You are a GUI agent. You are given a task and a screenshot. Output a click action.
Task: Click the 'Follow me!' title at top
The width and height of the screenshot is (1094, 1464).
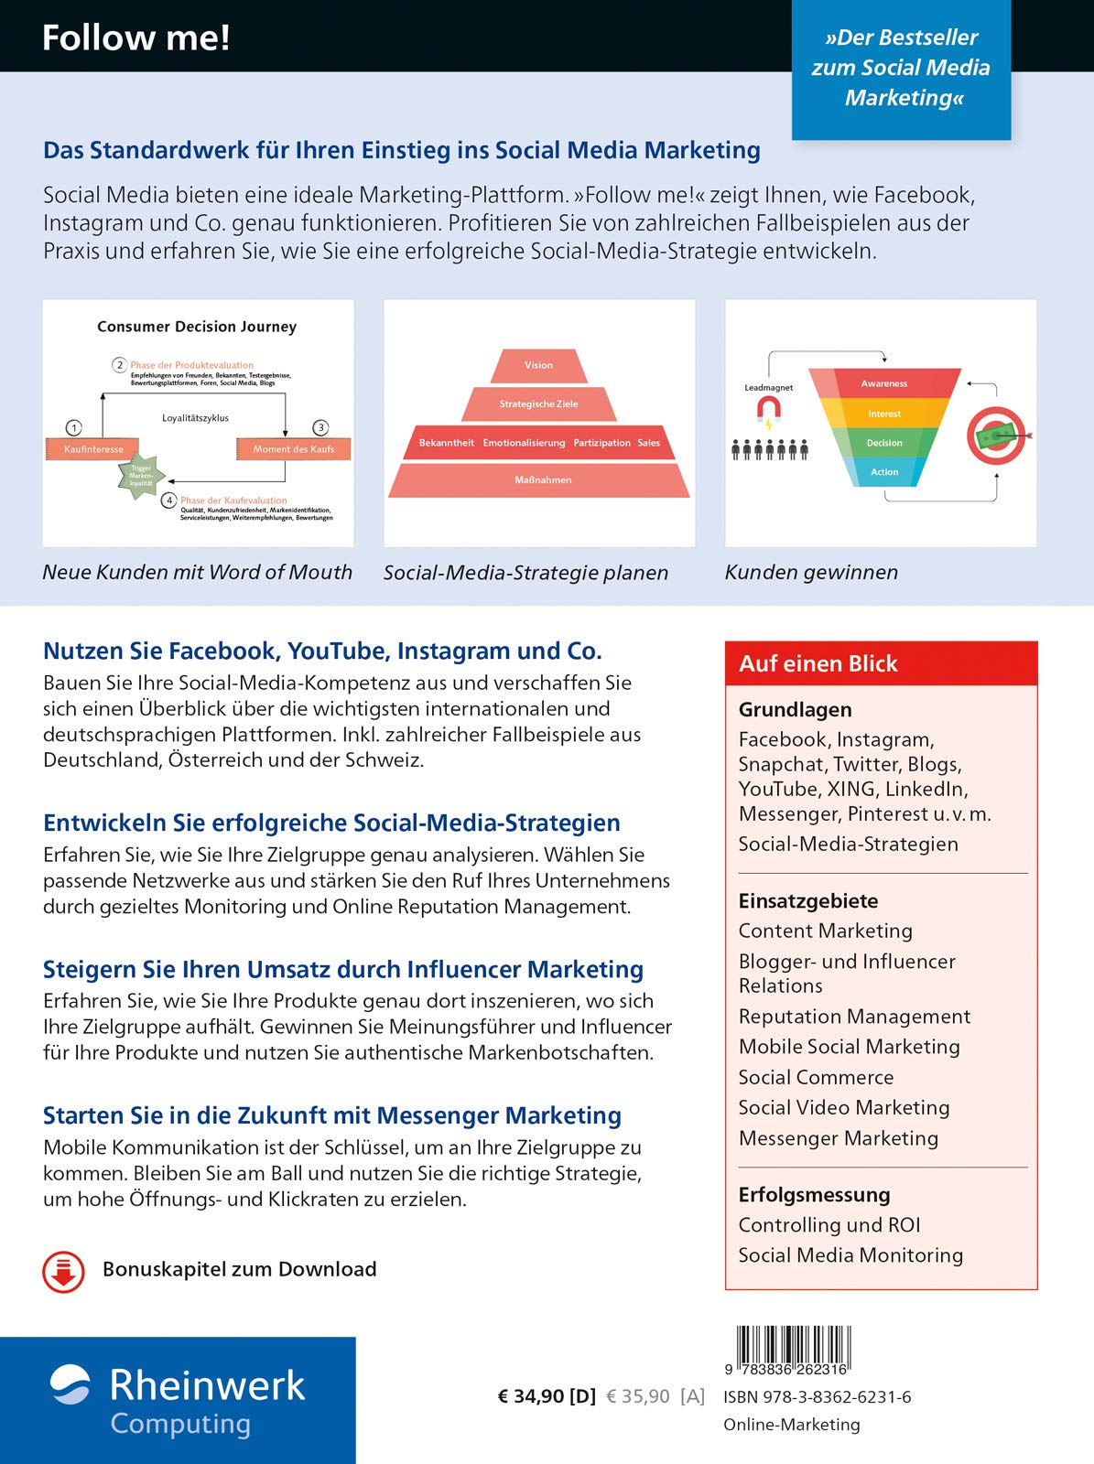click(135, 38)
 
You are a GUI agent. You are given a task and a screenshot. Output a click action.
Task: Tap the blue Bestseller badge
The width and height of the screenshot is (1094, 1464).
click(901, 69)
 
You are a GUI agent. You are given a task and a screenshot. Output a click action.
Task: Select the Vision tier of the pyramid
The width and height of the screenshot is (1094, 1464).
click(538, 365)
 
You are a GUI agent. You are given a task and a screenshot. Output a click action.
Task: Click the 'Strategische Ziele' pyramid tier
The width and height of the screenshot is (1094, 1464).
click(538, 404)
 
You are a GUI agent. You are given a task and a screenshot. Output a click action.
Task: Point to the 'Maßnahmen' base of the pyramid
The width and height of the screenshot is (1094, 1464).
click(542, 480)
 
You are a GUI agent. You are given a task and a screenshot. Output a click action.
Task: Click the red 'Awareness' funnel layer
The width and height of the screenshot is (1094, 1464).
click(883, 383)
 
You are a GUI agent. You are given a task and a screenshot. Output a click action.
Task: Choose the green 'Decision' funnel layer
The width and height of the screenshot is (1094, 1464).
click(883, 443)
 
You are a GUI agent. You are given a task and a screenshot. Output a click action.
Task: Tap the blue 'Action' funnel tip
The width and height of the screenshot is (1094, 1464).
click(883, 472)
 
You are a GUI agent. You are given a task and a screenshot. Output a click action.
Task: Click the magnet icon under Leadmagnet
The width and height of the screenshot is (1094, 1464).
click(768, 413)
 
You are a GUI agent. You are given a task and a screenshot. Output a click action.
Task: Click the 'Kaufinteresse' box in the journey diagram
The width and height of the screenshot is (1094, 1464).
click(93, 449)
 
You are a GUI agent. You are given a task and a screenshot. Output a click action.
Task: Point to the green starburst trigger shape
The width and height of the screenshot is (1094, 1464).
click(141, 476)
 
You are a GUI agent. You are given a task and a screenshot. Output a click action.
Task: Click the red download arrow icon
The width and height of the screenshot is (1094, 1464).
click(63, 1272)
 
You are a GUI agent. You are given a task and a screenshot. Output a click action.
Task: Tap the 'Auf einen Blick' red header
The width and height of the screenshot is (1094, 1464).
click(881, 663)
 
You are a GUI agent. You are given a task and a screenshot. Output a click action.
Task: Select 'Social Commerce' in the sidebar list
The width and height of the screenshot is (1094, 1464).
click(816, 1077)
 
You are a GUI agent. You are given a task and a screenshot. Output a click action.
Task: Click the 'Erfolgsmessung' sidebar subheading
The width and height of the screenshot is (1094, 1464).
click(814, 1194)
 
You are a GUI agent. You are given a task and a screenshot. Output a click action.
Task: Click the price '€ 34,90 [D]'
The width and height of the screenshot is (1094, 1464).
click(546, 1396)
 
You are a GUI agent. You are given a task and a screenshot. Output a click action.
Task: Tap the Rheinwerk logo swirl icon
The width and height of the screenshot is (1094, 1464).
click(70, 1384)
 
